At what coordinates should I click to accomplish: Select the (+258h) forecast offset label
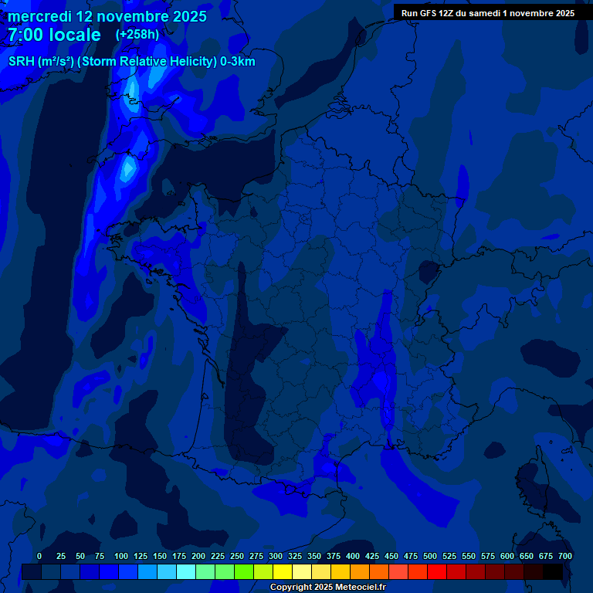coord(137,35)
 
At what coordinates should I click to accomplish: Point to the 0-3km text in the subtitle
coord(238,62)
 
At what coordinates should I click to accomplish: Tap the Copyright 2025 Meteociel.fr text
coord(327,588)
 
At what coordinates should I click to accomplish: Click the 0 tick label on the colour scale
coord(39,556)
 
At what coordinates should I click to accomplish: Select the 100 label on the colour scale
coord(121,556)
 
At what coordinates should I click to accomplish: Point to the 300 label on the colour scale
coord(276,556)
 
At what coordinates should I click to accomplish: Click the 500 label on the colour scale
coord(430,556)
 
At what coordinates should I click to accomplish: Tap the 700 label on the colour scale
coord(565,556)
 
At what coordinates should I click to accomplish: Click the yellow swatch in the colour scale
coord(283,571)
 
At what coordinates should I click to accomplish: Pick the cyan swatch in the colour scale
coord(186,571)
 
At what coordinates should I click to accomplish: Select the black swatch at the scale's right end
coord(553,571)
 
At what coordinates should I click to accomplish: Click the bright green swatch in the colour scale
coord(244,571)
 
